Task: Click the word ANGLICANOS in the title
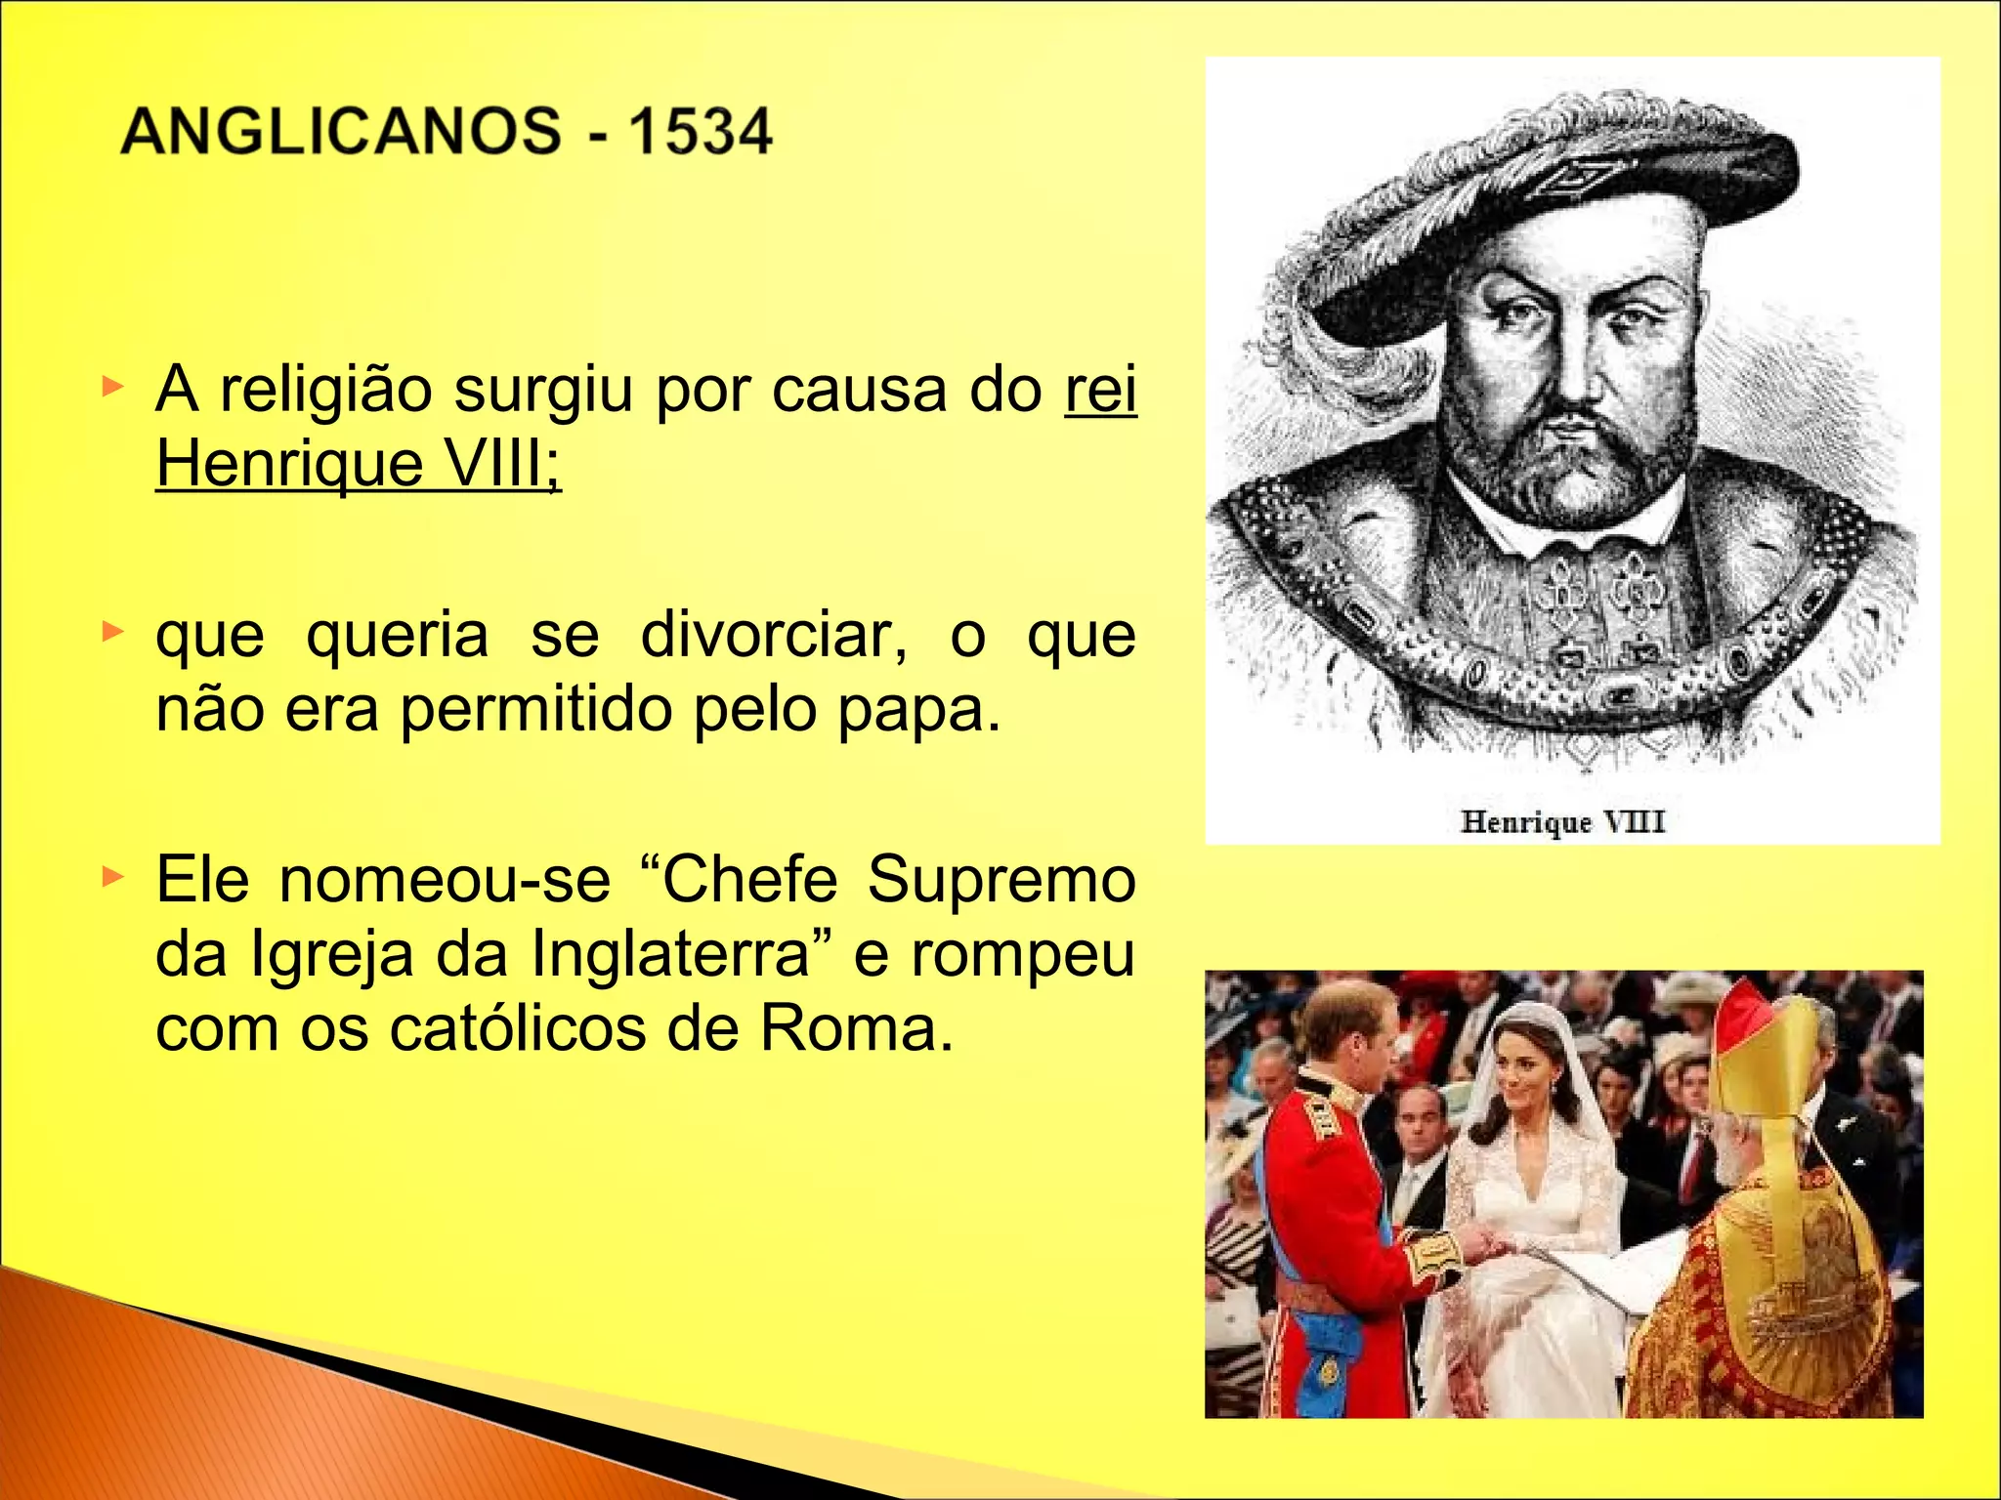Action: (340, 132)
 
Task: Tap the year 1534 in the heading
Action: (700, 132)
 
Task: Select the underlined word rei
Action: (1100, 390)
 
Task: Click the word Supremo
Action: (1001, 879)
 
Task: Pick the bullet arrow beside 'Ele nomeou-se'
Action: (113, 876)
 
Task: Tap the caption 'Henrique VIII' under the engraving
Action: (1562, 821)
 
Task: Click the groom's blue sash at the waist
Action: (1329, 1343)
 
